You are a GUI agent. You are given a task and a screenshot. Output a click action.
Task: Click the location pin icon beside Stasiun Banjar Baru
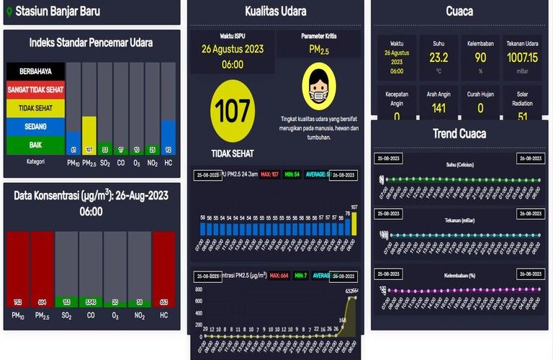(x=9, y=12)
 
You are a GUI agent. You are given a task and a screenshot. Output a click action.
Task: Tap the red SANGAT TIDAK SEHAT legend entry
(x=35, y=90)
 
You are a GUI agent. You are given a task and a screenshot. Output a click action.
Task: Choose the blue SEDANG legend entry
(x=35, y=126)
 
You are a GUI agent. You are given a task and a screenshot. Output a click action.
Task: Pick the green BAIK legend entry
(x=35, y=145)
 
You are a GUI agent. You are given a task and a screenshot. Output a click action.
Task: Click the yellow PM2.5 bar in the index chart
(x=89, y=135)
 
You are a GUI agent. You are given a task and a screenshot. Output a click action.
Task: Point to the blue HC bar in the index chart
(x=168, y=137)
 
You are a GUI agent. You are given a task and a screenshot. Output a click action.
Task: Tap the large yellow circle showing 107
(x=233, y=111)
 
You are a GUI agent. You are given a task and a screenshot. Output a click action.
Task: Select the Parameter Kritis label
(x=319, y=35)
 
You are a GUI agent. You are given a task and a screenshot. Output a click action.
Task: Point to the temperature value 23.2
(x=439, y=58)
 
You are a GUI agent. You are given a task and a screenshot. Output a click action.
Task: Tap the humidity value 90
(x=480, y=58)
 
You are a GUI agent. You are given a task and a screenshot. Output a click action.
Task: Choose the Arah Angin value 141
(x=439, y=108)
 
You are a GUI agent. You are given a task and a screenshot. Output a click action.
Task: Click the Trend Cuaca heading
(x=459, y=133)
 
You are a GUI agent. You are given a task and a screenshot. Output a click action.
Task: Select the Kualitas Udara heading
(x=275, y=11)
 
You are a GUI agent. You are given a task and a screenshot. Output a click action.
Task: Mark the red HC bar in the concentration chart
(x=163, y=269)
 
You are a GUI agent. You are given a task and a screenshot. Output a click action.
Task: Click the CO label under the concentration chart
(x=91, y=315)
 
